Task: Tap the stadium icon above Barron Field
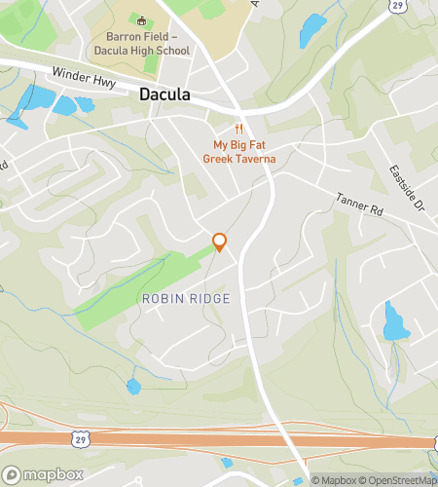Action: point(141,20)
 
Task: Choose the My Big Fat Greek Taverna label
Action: point(238,152)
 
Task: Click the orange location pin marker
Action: point(220,243)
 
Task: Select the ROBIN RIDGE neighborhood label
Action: point(186,298)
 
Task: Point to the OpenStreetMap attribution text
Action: point(400,479)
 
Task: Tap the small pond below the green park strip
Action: point(133,387)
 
